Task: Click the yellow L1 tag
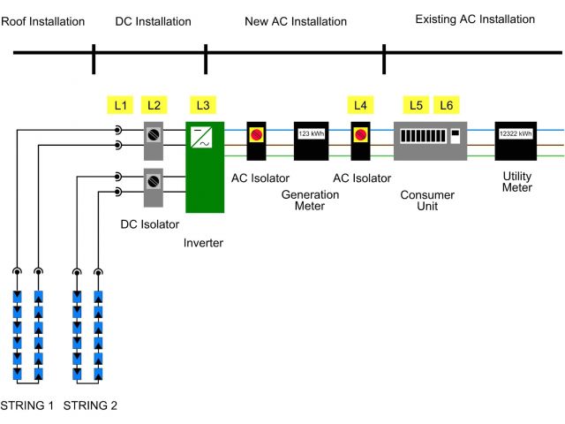click(121, 106)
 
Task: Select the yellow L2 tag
click(154, 106)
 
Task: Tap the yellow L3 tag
click(203, 106)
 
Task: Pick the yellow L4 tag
click(360, 106)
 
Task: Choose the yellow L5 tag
click(416, 106)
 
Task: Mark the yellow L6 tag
click(447, 106)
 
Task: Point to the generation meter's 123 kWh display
click(311, 134)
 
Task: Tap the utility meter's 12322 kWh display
click(516, 134)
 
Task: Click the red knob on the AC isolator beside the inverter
click(257, 135)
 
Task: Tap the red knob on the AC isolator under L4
click(360, 135)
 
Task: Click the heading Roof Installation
click(43, 21)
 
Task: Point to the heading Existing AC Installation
click(475, 19)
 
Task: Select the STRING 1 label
click(26, 406)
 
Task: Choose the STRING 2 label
click(91, 406)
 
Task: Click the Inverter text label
click(205, 243)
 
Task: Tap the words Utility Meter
click(517, 181)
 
